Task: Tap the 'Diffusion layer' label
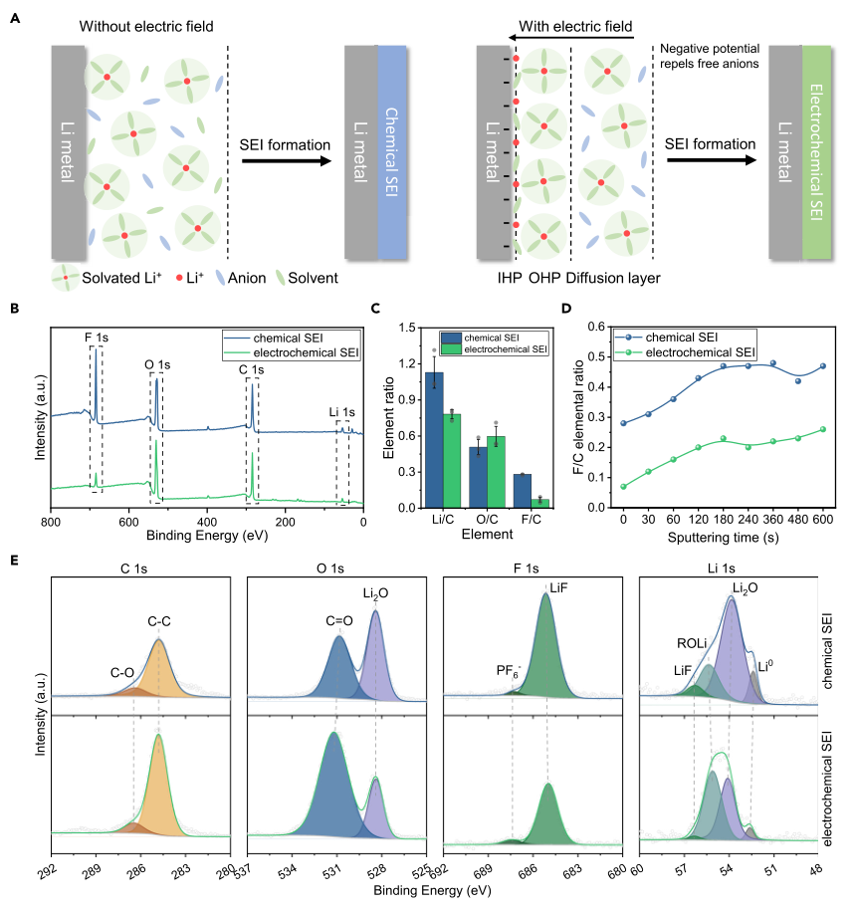click(x=604, y=277)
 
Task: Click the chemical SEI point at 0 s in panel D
click(x=624, y=423)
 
